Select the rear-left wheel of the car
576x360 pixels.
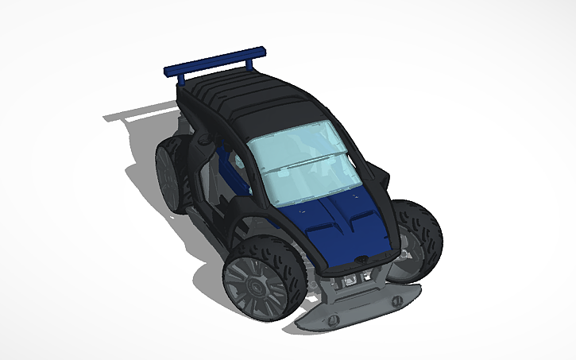pyautogui.click(x=170, y=171)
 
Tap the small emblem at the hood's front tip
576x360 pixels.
pyautogui.click(x=362, y=257)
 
